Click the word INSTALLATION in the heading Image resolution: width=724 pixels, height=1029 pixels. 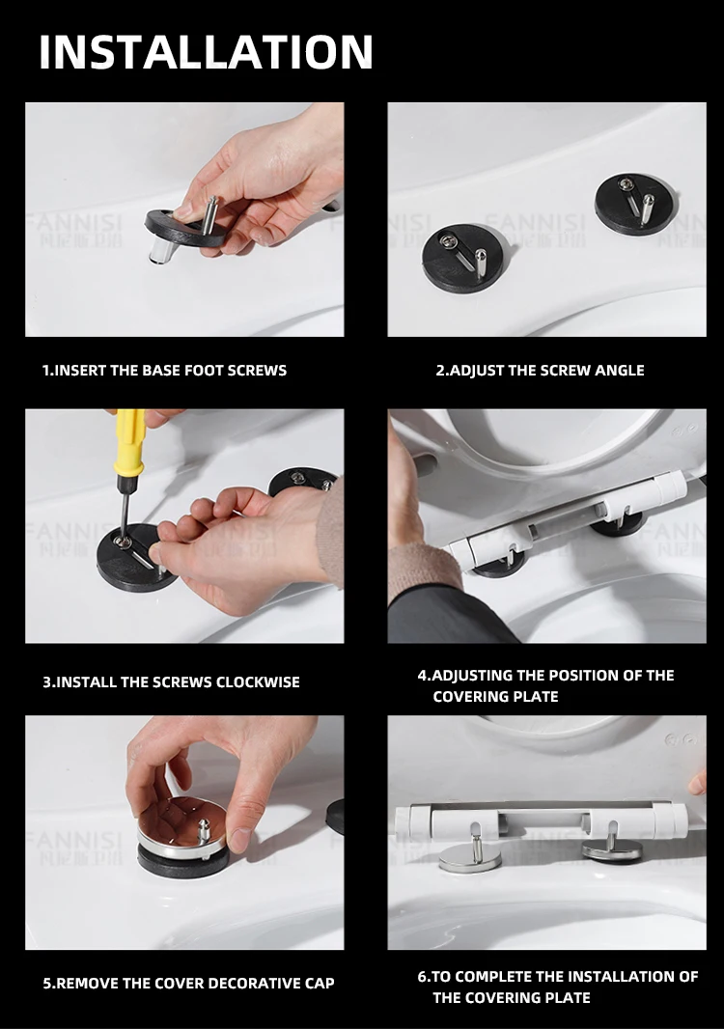coord(207,52)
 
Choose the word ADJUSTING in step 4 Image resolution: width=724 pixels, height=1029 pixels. coord(472,676)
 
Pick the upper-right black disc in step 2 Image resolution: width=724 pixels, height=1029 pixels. coord(635,202)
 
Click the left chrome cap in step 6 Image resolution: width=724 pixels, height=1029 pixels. coord(469,858)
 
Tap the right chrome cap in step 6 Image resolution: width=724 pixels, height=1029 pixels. coord(611,851)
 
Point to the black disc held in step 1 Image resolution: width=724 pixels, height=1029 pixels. coord(185,229)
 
